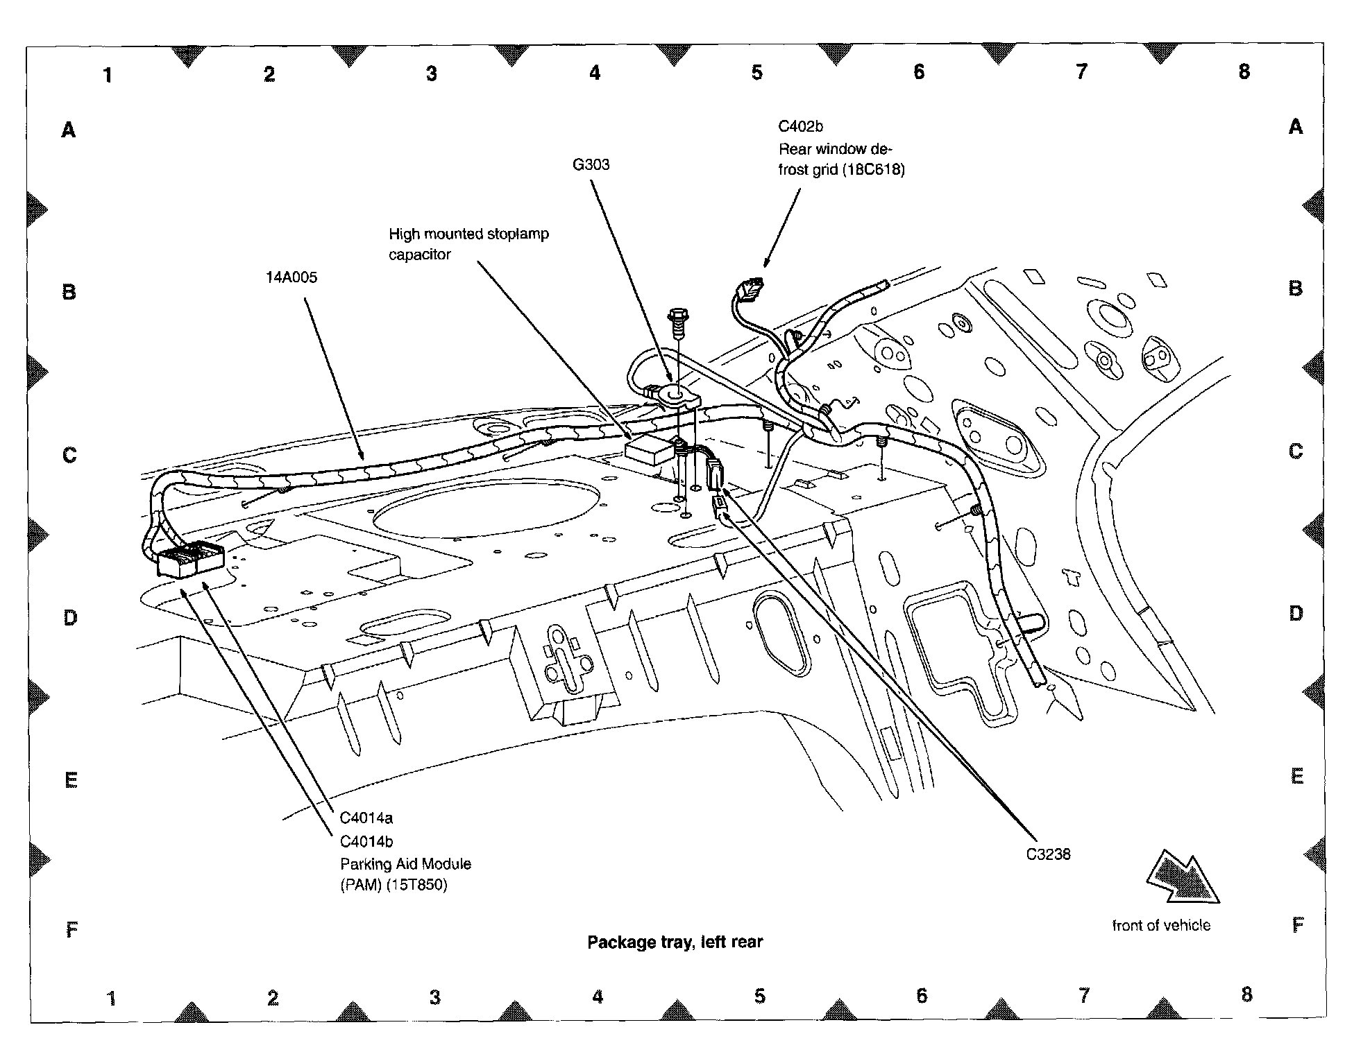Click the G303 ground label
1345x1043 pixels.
(591, 164)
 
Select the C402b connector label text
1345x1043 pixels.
(800, 126)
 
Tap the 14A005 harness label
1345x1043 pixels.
(291, 277)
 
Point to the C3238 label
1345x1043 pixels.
(1048, 854)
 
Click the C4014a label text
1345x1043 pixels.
(366, 818)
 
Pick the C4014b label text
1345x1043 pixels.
(366, 842)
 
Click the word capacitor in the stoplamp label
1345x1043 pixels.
(419, 255)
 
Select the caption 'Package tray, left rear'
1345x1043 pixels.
(675, 942)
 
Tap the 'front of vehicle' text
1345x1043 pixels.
(1161, 925)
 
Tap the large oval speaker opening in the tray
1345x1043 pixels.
(486, 506)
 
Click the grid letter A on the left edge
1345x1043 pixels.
(68, 130)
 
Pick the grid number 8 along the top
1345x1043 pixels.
(1244, 71)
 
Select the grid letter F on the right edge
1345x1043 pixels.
(1297, 925)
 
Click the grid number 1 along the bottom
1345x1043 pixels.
(111, 999)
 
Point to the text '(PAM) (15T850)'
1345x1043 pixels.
(394, 885)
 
